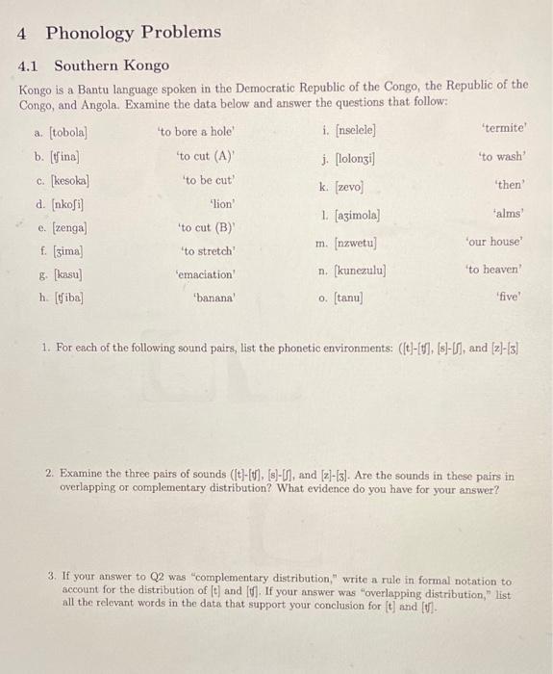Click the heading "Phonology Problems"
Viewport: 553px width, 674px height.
[x=133, y=33]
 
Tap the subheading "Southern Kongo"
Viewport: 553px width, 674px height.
[x=112, y=65]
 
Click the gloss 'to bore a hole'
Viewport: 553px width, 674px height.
[x=196, y=131]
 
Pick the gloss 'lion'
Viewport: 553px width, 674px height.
[x=222, y=204]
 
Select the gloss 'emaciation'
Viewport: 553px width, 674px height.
[x=206, y=274]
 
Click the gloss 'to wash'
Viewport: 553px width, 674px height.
[x=503, y=156]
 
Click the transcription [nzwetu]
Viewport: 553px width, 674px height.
[x=353, y=244]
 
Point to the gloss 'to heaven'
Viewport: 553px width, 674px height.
[x=494, y=270]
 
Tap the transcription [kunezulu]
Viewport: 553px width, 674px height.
[x=360, y=272]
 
